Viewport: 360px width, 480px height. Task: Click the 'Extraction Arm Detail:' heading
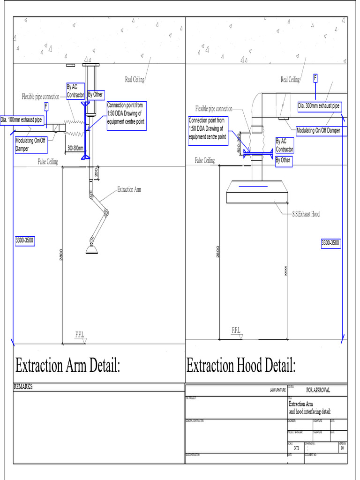click(68, 366)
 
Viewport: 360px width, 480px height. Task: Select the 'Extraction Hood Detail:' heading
click(241, 366)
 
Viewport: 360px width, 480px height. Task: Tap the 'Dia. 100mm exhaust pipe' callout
click(22, 120)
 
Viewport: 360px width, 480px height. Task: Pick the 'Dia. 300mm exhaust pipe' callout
click(319, 106)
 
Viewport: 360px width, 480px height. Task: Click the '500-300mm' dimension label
click(75, 148)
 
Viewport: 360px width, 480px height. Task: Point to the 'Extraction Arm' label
click(129, 190)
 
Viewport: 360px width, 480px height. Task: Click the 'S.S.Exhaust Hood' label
click(303, 214)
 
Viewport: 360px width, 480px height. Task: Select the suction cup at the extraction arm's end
click(92, 248)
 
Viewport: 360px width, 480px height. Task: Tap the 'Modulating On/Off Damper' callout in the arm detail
click(31, 144)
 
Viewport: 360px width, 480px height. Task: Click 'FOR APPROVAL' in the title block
click(318, 390)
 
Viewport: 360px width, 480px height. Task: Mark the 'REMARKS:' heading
click(24, 387)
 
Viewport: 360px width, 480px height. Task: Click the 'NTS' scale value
click(296, 448)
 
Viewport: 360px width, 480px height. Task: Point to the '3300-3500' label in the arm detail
click(24, 240)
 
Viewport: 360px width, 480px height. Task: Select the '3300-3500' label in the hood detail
click(330, 243)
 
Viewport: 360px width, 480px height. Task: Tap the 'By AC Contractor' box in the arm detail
click(75, 90)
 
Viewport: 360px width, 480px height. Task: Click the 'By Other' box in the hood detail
click(283, 160)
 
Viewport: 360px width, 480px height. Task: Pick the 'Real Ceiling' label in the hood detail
click(290, 80)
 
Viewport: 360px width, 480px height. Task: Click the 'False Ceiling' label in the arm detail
click(48, 162)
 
